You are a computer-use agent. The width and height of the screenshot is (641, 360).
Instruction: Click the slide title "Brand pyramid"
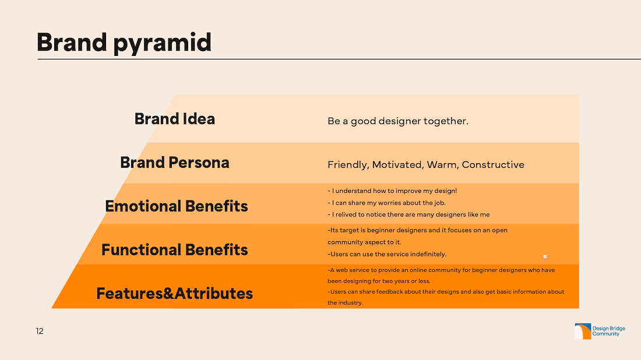tap(124, 43)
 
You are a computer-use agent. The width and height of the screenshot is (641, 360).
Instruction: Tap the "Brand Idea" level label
tap(175, 119)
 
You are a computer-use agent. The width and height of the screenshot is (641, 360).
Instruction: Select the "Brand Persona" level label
tap(175, 163)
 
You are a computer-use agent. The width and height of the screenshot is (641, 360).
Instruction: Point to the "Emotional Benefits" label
tap(176, 206)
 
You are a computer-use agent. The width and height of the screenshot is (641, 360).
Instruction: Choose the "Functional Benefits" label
tap(175, 250)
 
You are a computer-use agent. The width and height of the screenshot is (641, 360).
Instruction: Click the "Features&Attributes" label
tap(175, 294)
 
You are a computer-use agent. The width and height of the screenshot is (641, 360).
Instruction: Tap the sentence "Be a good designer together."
tap(398, 121)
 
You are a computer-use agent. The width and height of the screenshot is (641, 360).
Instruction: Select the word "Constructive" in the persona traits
tap(493, 165)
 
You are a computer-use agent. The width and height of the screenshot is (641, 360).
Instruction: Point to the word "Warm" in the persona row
tap(443, 165)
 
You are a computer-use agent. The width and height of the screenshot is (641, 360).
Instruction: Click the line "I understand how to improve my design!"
tap(392, 191)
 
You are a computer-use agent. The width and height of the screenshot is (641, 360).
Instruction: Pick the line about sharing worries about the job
tap(387, 203)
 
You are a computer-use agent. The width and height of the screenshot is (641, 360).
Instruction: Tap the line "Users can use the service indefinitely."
tap(387, 254)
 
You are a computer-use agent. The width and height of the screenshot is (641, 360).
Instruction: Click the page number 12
tap(40, 331)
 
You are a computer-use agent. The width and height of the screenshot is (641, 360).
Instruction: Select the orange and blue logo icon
tap(583, 331)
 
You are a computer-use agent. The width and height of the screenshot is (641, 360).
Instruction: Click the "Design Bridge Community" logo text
tap(609, 331)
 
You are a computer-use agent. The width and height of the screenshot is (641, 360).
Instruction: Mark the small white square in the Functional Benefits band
tap(545, 257)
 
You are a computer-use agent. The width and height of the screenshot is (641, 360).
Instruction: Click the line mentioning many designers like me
tap(409, 214)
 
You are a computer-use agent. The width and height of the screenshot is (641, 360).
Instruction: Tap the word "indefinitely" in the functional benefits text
tap(428, 254)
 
